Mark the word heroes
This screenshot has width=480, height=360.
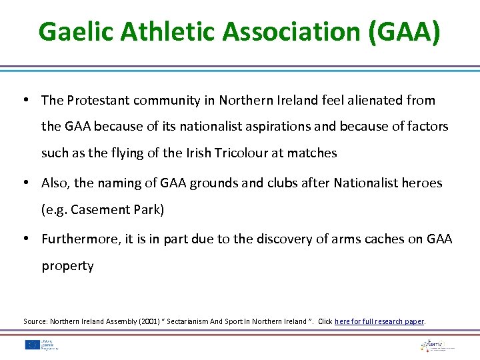422,183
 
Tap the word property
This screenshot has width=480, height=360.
67,265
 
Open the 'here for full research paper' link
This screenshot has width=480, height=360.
379,321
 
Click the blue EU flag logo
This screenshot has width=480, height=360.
32,345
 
